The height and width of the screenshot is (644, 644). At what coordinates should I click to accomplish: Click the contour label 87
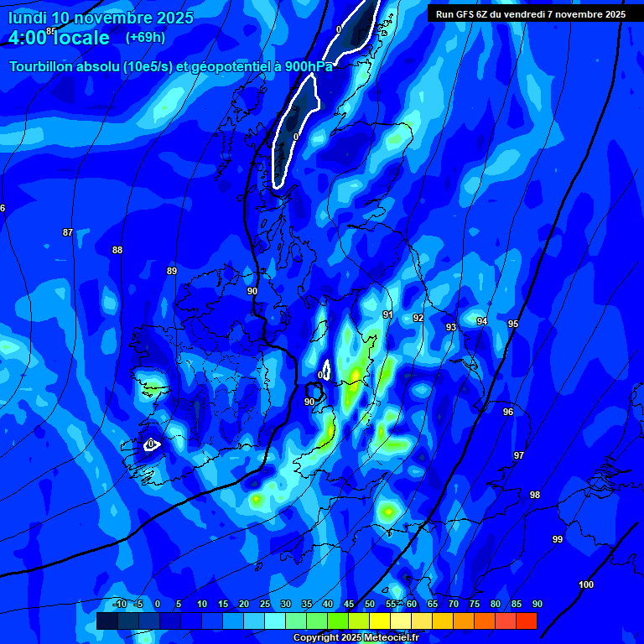(68, 232)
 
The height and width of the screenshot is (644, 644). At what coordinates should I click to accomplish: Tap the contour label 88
(117, 250)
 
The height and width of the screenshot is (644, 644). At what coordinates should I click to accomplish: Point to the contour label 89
(172, 271)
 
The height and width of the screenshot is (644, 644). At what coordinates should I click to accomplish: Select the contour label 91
(387, 314)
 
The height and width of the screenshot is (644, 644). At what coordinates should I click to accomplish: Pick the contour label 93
(451, 327)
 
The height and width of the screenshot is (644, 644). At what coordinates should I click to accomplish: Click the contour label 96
(508, 412)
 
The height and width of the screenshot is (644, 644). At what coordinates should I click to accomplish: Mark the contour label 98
(535, 495)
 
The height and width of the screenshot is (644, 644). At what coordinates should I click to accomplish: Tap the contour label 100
(586, 584)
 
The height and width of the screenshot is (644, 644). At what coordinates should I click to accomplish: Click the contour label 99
(558, 539)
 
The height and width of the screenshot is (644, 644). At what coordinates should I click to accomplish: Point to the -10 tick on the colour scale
(119, 605)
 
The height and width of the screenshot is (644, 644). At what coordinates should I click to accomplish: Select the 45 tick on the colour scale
(349, 605)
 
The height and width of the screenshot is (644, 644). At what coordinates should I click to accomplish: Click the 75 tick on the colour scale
(475, 605)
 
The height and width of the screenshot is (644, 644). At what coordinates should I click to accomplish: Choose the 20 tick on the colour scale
(244, 605)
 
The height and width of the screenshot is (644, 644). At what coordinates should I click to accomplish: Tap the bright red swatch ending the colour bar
(527, 621)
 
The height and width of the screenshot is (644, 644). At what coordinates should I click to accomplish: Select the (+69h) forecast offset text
(145, 38)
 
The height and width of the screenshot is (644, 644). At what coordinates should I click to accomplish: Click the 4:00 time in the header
(30, 38)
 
